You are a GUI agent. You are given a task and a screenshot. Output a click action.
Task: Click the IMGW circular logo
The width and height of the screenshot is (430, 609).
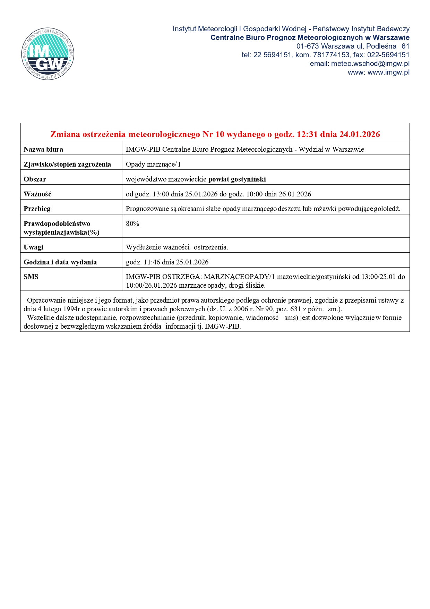pyautogui.click(x=48, y=54)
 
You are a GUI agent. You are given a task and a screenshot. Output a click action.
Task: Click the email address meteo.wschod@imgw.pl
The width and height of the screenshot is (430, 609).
pyautogui.click(x=370, y=64)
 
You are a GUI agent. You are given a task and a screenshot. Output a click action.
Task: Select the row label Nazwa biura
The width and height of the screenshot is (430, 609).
pyautogui.click(x=43, y=150)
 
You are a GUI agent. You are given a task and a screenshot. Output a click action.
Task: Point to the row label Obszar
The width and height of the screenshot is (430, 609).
pyautogui.click(x=35, y=179)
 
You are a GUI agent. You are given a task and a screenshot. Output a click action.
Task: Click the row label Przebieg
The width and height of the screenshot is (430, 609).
pyautogui.click(x=37, y=209)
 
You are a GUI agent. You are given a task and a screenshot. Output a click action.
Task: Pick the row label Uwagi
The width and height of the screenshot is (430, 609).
pyautogui.click(x=33, y=247)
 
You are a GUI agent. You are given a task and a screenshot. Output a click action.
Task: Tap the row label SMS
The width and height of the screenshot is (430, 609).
pyautogui.click(x=31, y=277)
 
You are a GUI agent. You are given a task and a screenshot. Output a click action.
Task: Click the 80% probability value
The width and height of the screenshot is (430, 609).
pyautogui.click(x=132, y=224)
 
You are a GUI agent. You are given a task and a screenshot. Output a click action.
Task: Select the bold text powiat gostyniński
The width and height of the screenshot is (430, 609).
pyautogui.click(x=237, y=179)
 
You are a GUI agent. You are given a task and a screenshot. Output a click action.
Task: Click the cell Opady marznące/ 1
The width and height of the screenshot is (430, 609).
pyautogui.click(x=153, y=164)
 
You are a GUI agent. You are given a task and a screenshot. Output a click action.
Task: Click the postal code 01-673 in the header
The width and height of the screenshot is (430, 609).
pyautogui.click(x=307, y=46)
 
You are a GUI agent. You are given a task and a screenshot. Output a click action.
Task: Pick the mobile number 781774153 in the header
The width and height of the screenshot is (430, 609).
pyautogui.click(x=331, y=55)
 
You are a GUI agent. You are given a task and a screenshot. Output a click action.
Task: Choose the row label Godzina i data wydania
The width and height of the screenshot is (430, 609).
pyautogui.click(x=60, y=262)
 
